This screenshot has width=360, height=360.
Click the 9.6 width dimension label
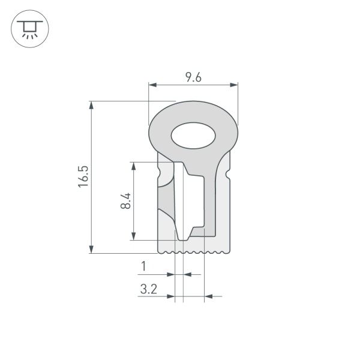(193, 77)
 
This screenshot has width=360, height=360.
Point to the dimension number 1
(143, 265)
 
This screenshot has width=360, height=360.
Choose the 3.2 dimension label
(148, 289)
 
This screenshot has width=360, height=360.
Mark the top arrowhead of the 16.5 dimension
(91, 106)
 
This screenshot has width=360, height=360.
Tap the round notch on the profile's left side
(159, 175)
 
